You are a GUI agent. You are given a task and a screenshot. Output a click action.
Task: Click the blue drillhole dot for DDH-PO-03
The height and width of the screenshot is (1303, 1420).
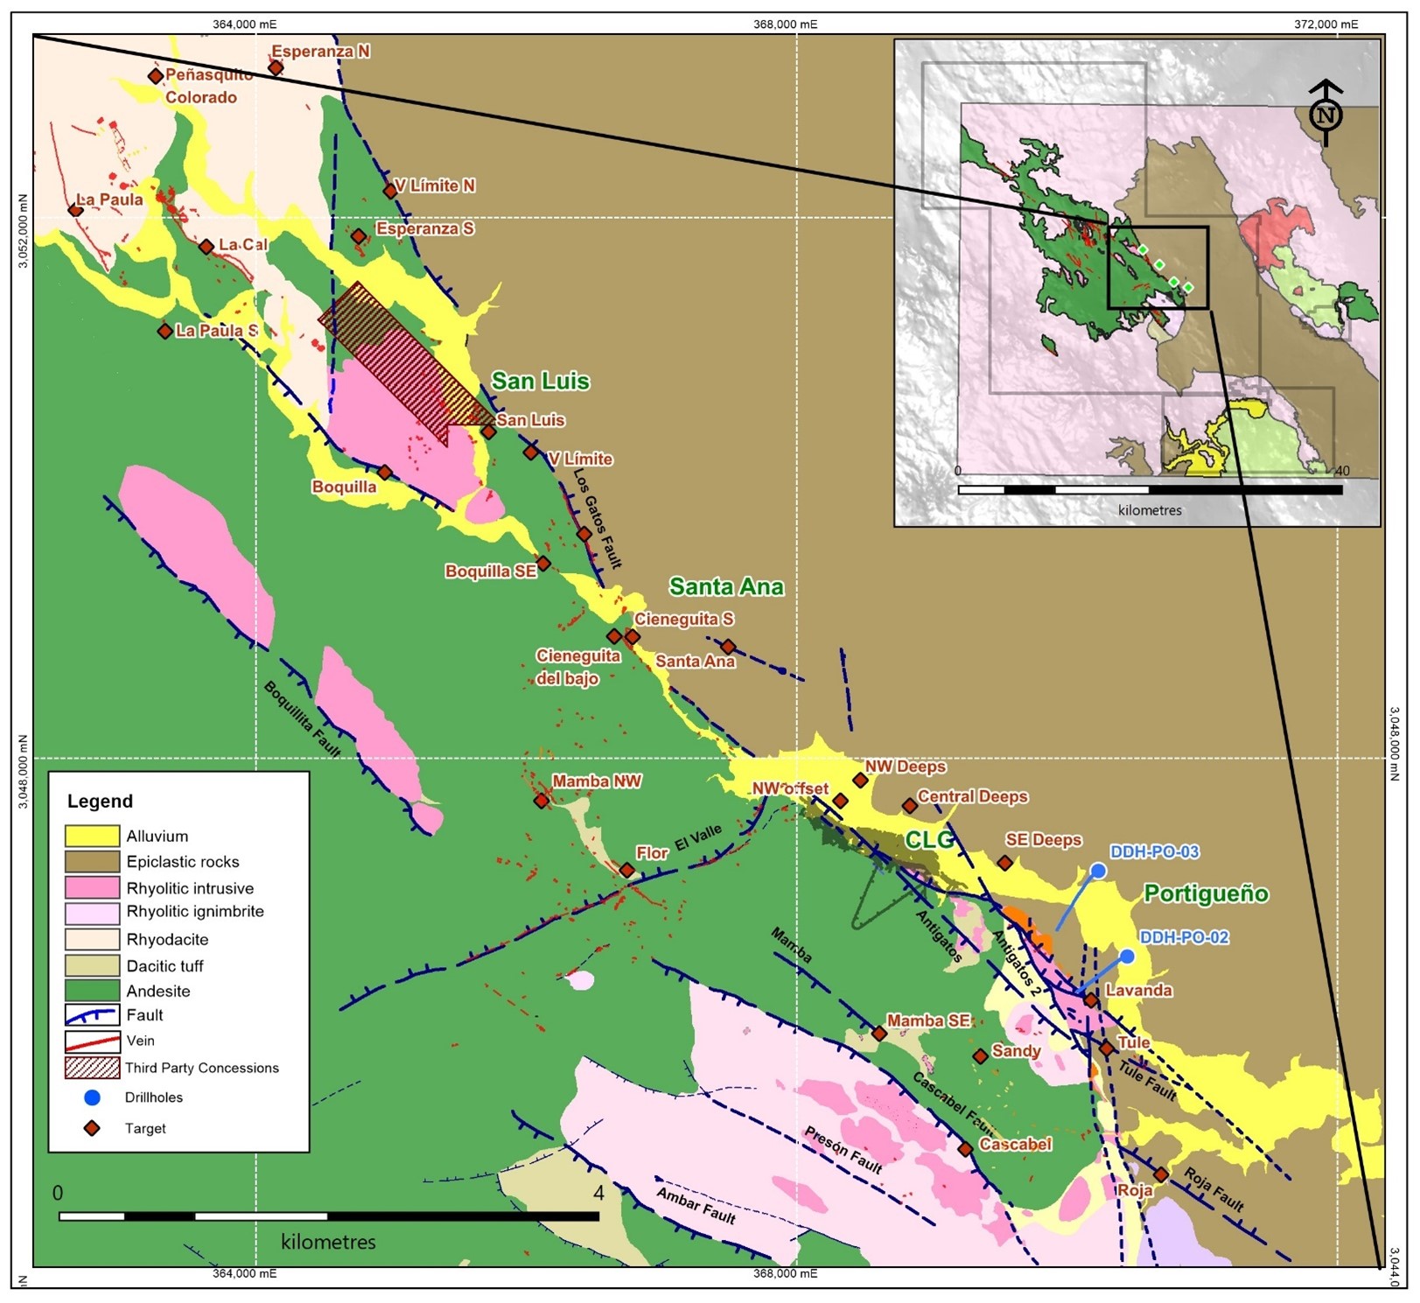tap(1098, 871)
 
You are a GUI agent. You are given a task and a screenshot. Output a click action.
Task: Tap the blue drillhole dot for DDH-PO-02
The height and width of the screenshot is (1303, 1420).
tap(1127, 956)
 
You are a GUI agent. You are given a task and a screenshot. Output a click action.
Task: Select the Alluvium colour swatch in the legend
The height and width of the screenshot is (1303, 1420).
tap(92, 836)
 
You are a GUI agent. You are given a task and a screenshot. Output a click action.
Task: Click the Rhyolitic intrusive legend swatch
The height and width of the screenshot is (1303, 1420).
tap(92, 887)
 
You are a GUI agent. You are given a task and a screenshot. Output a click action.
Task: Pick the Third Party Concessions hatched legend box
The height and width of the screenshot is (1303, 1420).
tap(92, 1068)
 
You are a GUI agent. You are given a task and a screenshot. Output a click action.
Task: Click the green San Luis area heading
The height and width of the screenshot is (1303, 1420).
tap(540, 382)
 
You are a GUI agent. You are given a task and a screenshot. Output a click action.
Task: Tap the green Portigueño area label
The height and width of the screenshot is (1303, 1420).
tap(1206, 893)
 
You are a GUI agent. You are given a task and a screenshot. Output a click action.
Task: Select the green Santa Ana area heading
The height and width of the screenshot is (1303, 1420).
tap(726, 586)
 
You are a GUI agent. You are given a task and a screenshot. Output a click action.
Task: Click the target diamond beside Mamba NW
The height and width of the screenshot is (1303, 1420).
tap(542, 800)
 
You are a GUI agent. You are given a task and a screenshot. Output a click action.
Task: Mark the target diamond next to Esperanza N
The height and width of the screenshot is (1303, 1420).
tap(276, 67)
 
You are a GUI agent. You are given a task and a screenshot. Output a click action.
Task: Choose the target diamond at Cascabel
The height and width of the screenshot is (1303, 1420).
tap(965, 1149)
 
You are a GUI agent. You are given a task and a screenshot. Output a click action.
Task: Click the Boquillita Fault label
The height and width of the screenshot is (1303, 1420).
tap(302, 718)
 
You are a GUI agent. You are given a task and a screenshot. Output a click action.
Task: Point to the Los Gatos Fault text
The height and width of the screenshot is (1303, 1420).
tap(598, 519)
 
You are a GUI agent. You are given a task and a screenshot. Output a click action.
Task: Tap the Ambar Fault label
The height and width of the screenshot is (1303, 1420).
tap(696, 1206)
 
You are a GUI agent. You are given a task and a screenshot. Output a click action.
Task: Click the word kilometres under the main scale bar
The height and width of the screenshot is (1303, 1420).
tap(328, 1242)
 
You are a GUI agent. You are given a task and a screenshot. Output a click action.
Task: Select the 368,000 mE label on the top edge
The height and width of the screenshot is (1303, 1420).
tap(785, 25)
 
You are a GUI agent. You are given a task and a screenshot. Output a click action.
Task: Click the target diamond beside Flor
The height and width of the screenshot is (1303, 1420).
tap(627, 870)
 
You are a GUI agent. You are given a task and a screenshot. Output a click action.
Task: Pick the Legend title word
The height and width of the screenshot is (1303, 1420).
tap(100, 801)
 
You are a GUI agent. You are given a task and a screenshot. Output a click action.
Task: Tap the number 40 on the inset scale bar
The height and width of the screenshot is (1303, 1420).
tap(1342, 471)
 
